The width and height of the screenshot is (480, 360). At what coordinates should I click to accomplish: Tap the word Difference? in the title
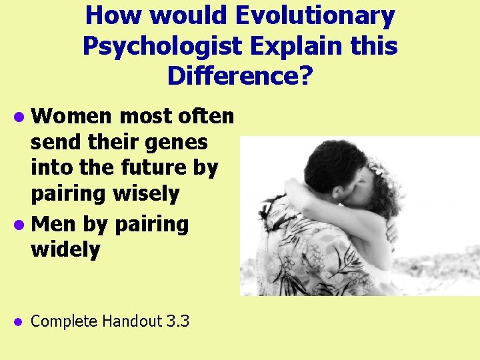[x=239, y=76]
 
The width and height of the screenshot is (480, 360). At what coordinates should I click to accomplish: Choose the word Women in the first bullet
[x=73, y=117]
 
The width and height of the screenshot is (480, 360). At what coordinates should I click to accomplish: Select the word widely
[x=66, y=250]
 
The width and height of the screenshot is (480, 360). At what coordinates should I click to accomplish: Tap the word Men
[x=53, y=224]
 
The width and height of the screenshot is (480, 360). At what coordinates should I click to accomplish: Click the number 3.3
[x=178, y=321]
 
